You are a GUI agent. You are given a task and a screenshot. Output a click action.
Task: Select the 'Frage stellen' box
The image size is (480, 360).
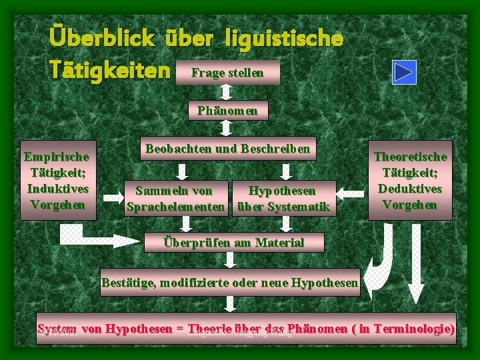point(227,72)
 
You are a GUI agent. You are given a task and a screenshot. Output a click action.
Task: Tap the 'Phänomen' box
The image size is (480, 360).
point(227,110)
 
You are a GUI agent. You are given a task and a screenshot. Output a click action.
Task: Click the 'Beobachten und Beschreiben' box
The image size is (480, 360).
point(227,149)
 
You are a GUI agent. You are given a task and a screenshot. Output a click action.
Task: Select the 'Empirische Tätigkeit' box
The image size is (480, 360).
point(56,180)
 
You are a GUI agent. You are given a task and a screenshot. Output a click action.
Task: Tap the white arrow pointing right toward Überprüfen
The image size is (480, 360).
point(100,238)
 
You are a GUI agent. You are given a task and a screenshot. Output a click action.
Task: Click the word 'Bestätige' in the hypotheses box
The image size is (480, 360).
point(127,283)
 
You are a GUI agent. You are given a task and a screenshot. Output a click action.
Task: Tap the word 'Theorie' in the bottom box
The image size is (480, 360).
point(209,329)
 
